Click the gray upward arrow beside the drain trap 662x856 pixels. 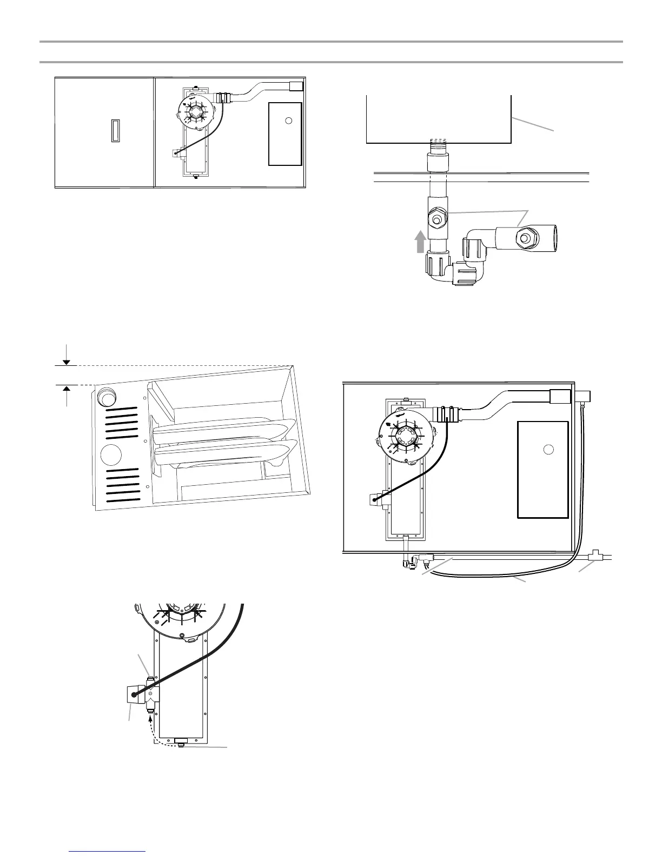coord(420,241)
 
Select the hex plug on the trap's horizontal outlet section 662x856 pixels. coord(524,237)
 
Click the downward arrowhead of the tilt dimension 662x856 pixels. coord(66,362)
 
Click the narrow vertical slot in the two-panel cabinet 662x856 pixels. coord(115,130)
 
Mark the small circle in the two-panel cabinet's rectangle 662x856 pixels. coord(289,120)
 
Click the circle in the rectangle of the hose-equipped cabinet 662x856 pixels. coord(548,449)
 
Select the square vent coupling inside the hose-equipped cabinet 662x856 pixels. coord(560,396)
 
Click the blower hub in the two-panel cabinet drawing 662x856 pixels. coord(195,113)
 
